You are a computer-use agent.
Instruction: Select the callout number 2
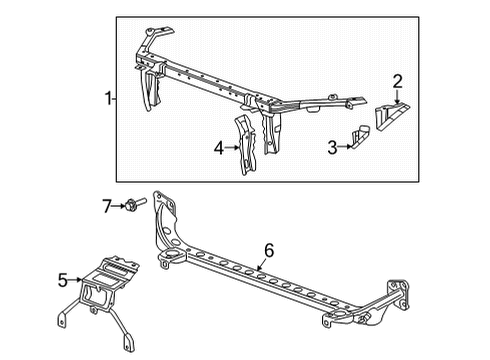click(x=397, y=81)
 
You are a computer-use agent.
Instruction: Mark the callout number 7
click(x=108, y=206)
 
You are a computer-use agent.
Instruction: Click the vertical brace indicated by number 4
click(x=246, y=147)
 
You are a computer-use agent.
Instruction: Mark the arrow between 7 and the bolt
click(x=121, y=206)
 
